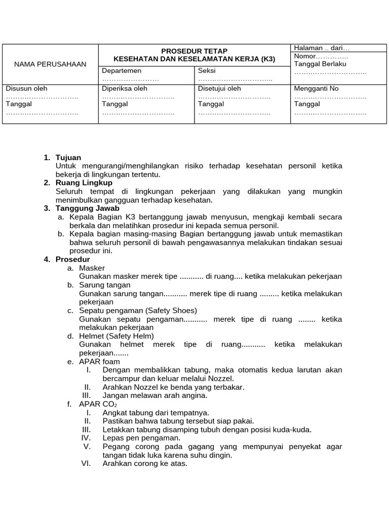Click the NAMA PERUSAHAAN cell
click(50, 64)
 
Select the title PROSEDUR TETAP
click(194, 51)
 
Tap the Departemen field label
click(122, 71)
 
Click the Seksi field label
click(207, 71)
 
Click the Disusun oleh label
click(26, 89)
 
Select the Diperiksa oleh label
click(125, 89)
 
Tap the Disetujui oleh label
click(219, 89)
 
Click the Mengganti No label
click(316, 89)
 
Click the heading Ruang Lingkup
click(84, 182)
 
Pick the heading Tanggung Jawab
click(87, 208)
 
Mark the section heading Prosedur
click(72, 259)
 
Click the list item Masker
click(92, 268)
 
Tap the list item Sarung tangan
click(104, 285)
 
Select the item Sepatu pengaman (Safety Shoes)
click(138, 310)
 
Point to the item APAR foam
click(99, 361)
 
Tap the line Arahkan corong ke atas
click(145, 463)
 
